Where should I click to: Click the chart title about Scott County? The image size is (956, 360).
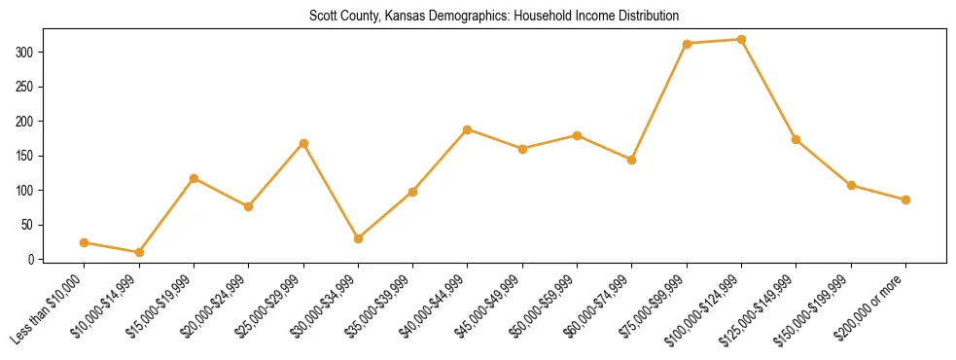494,16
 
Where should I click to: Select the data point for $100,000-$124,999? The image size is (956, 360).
741,40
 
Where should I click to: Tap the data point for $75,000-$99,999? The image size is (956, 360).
687,44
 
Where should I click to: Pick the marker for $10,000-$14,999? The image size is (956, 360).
139,252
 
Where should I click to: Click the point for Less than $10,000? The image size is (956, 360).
85,242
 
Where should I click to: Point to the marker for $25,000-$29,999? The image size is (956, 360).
303,143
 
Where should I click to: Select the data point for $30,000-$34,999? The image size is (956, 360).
358,238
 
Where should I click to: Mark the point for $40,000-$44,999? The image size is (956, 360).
468,129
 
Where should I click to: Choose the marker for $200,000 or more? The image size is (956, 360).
905,199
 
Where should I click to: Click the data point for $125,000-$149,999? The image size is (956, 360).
797,139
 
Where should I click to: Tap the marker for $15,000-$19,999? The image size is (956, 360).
194,178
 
